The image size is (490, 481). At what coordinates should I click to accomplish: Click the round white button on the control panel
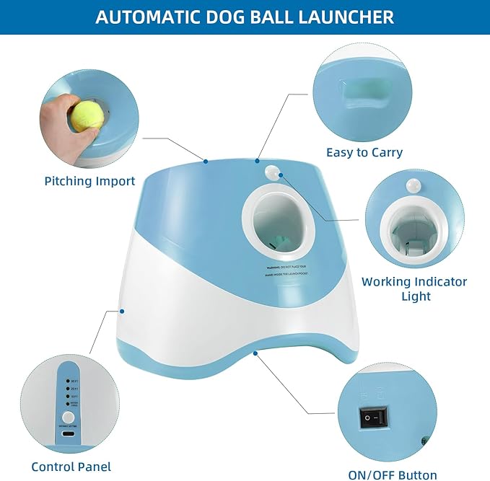tap(68, 417)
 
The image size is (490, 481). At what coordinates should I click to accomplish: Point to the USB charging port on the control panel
tap(68, 434)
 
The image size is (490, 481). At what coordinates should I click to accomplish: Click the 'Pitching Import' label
tap(89, 180)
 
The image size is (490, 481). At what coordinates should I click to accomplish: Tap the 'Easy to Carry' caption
tap(364, 152)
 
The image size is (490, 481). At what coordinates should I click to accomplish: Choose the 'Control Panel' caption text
tap(71, 467)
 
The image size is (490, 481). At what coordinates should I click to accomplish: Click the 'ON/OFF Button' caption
tap(392, 475)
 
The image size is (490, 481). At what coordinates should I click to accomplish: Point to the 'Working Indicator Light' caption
tap(414, 288)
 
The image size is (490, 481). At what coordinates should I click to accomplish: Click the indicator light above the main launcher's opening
tap(273, 172)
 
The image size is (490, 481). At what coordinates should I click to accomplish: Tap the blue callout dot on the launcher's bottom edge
tap(255, 353)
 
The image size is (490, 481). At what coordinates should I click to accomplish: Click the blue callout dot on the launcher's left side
tap(123, 312)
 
